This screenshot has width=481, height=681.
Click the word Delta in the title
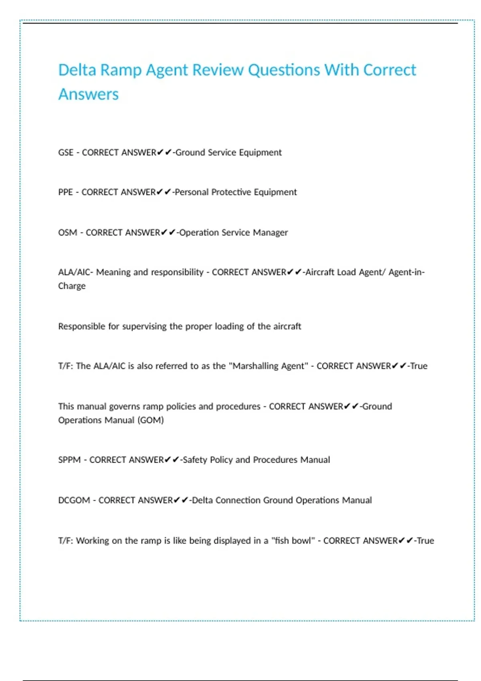coord(77,70)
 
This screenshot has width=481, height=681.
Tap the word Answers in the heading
coord(89,95)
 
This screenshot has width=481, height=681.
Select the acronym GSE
coord(66,153)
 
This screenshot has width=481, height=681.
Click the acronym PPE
coord(65,192)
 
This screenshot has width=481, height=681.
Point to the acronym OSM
coord(67,233)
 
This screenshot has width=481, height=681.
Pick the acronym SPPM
coord(69,460)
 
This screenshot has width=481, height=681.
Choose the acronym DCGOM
coord(74,500)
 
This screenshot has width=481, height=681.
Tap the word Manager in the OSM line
coord(270,233)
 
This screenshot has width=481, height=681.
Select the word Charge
coord(72,286)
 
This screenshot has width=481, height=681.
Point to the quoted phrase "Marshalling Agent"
coord(269,366)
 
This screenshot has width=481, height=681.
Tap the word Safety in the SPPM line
coord(195,460)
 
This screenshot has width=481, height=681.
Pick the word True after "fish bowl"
coord(425,541)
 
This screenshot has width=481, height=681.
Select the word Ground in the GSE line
coord(190,153)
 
